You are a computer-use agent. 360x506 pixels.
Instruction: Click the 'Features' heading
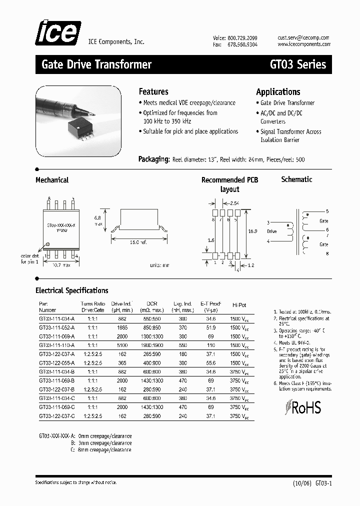(x=153, y=91)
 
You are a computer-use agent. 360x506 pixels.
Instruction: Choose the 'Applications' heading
(x=278, y=91)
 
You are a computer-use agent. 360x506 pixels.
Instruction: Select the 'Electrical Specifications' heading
(x=71, y=290)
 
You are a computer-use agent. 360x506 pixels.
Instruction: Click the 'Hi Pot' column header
(x=239, y=304)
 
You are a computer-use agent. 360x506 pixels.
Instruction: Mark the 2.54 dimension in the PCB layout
(x=234, y=203)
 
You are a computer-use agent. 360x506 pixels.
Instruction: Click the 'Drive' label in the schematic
(x=271, y=231)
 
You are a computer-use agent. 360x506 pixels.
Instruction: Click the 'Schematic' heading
(x=296, y=179)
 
